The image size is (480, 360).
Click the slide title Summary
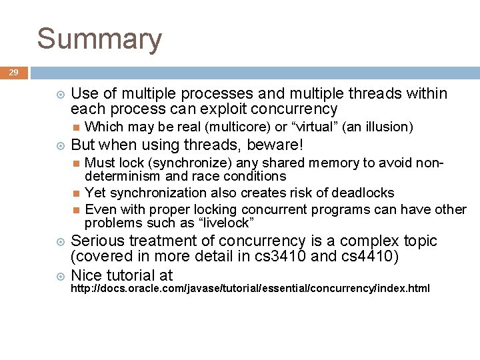(x=99, y=39)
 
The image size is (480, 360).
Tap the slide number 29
(x=14, y=73)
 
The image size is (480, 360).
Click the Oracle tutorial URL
(x=250, y=289)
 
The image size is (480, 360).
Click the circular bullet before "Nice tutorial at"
(x=61, y=275)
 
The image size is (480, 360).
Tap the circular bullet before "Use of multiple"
(x=61, y=94)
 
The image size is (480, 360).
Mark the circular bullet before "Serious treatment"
(x=61, y=241)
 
